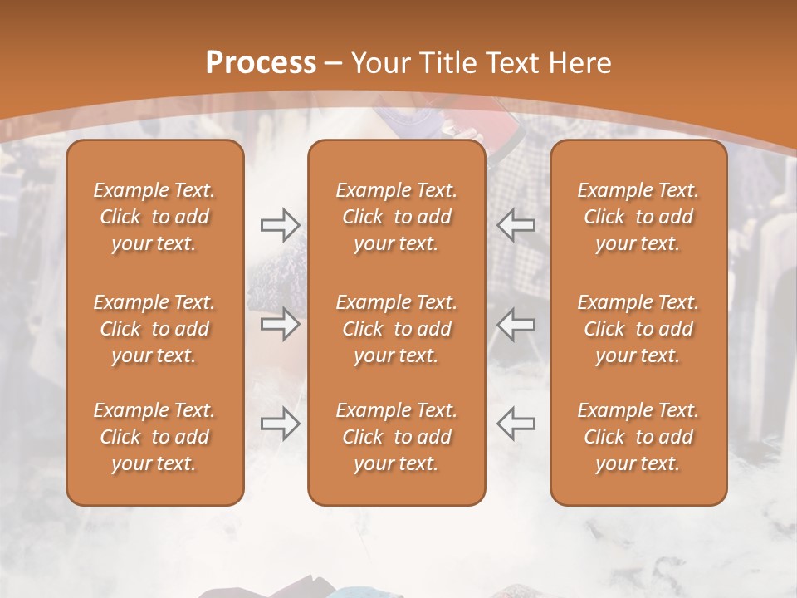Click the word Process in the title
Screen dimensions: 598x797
tap(261, 63)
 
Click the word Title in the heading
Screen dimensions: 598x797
tap(449, 63)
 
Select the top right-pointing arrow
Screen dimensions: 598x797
tap(280, 225)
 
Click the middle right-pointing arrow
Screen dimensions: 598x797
tap(280, 324)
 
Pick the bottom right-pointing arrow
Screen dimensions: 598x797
tap(280, 423)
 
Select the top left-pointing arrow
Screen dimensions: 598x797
tap(516, 225)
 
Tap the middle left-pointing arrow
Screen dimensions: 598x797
tap(516, 324)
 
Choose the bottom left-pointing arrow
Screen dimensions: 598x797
tap(516, 423)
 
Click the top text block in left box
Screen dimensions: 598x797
tap(154, 217)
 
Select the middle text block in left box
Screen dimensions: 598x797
tap(154, 329)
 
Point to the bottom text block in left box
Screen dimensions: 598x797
tap(154, 437)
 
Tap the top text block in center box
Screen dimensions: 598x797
tap(397, 217)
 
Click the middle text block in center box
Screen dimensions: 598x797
tap(397, 329)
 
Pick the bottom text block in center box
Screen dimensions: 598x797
tap(397, 437)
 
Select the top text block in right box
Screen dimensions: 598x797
tap(638, 217)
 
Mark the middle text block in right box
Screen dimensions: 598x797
tap(638, 329)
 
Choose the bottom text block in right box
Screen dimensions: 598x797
tap(638, 437)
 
